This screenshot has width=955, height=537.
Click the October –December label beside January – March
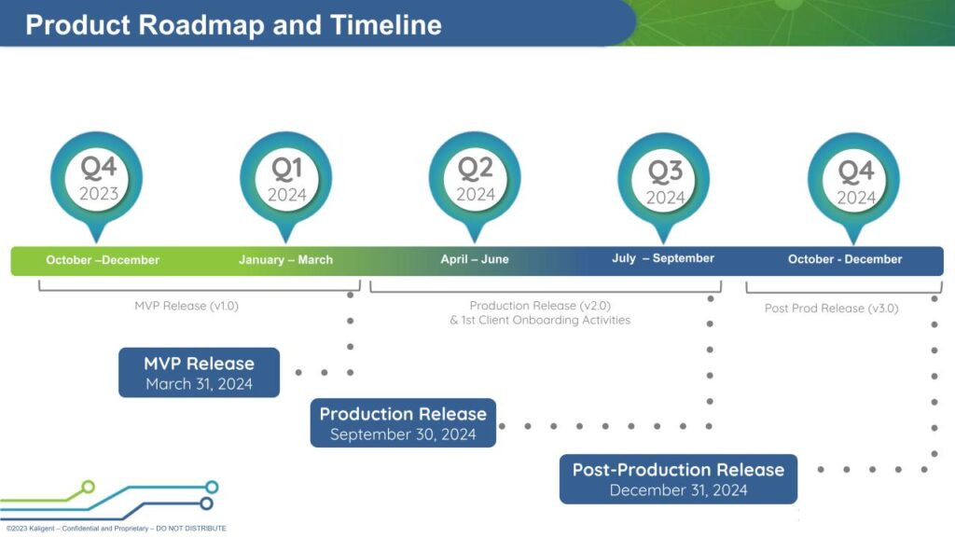(x=103, y=260)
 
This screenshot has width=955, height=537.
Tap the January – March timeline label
(x=285, y=260)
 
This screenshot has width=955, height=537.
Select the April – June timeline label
(x=475, y=259)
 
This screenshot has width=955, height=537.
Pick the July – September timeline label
(x=663, y=258)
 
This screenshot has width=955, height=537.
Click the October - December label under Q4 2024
(x=845, y=259)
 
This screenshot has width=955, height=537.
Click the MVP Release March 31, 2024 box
(x=199, y=373)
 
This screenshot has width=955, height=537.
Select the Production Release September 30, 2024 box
(x=403, y=423)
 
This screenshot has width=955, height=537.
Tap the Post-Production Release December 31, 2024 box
(x=678, y=479)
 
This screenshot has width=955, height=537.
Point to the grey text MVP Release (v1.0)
(x=187, y=305)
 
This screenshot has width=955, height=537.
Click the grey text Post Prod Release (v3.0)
(x=832, y=309)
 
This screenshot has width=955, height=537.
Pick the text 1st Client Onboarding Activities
(x=547, y=320)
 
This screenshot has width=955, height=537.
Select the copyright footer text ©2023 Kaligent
(x=37, y=529)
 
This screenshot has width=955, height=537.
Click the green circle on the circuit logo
(x=89, y=486)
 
